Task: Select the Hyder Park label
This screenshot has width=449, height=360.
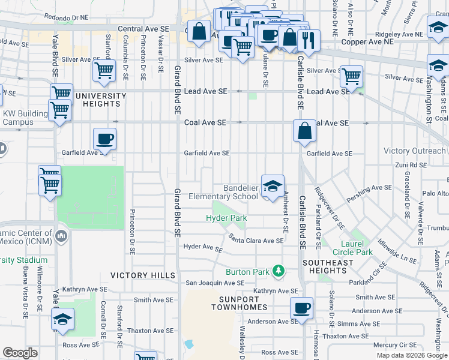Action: (x=226, y=218)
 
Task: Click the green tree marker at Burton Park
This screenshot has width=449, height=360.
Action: (x=278, y=272)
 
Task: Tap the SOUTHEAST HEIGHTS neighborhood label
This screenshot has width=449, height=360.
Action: (x=328, y=267)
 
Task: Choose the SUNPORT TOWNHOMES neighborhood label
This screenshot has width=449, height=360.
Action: (x=238, y=302)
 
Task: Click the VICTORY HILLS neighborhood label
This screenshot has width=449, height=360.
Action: (x=142, y=275)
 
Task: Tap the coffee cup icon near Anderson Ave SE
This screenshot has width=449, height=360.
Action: (x=301, y=309)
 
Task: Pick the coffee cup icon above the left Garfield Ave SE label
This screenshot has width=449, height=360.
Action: (x=104, y=140)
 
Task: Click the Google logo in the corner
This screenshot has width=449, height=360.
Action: (x=20, y=353)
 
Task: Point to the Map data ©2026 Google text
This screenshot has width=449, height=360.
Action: (x=412, y=355)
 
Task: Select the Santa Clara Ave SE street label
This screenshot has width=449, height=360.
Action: (x=256, y=241)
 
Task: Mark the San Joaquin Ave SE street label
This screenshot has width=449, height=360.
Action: (x=214, y=283)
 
